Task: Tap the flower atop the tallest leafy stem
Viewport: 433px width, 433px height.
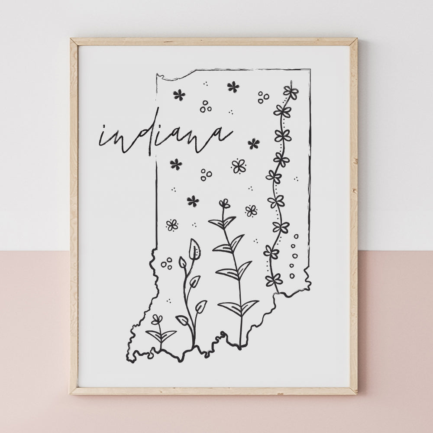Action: pos(224,203)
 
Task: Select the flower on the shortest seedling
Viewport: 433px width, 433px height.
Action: pos(157,320)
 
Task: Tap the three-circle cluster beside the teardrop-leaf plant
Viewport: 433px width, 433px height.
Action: pos(166,262)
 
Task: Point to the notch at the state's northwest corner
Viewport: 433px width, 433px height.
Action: pos(161,77)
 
